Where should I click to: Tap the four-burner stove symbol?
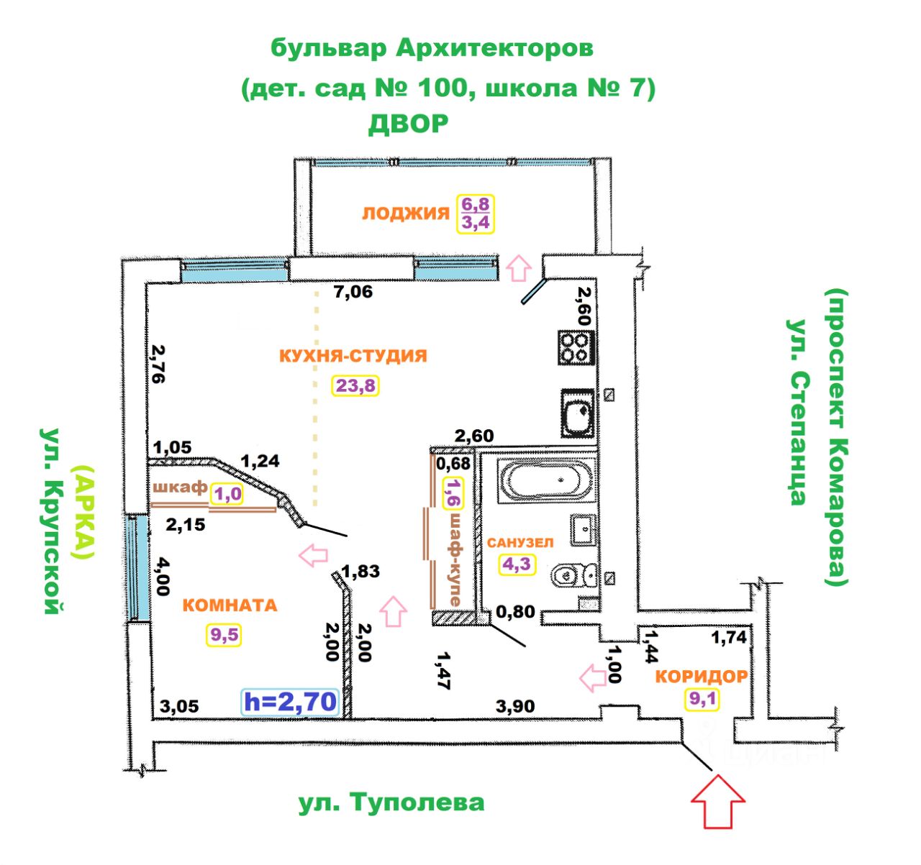click(575, 347)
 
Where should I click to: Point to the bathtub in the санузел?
click(546, 480)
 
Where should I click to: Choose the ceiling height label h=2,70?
click(290, 701)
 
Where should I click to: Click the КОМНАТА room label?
click(230, 605)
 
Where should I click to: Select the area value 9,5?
click(224, 635)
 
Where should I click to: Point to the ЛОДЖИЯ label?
click(405, 213)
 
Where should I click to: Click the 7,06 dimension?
click(353, 292)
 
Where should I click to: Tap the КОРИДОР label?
click(701, 677)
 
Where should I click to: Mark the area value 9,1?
click(701, 698)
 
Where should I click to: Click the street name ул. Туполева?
click(391, 802)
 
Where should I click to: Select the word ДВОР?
click(408, 124)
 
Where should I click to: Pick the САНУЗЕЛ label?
click(520, 542)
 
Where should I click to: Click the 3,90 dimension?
click(515, 707)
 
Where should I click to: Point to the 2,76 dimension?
click(158, 364)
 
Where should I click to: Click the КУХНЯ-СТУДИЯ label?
click(353, 356)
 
